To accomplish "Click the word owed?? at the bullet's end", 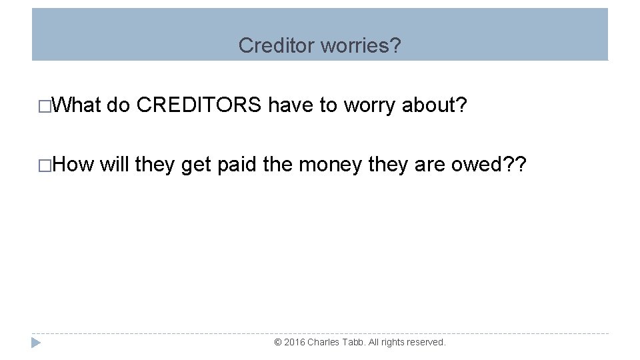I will tap(489, 165).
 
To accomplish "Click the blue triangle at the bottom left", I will tap(36, 343).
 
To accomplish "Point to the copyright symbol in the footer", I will tap(278, 342).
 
